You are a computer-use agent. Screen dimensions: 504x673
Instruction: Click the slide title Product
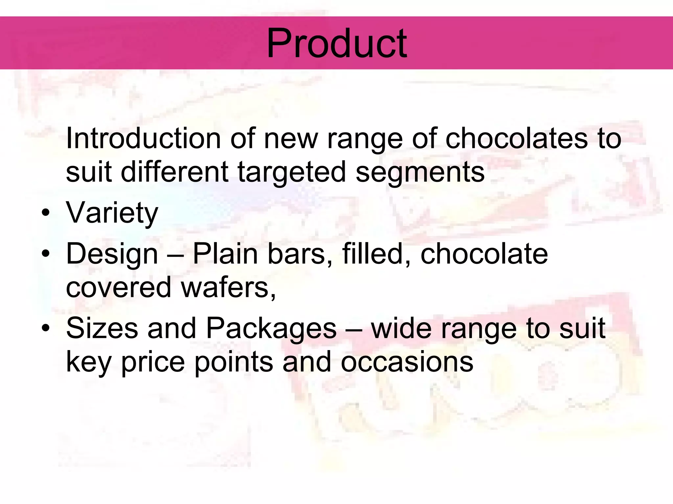(336, 43)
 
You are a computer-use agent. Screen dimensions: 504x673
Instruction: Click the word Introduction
(143, 138)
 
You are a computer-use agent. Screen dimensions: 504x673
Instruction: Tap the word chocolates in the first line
(516, 138)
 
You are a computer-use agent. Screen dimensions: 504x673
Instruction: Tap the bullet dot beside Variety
(46, 213)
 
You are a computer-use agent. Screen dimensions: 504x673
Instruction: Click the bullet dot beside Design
(46, 254)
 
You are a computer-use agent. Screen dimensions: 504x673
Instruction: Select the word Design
(112, 254)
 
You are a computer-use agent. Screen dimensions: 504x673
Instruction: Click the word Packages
(271, 329)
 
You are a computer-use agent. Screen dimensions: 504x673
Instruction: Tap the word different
(174, 172)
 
